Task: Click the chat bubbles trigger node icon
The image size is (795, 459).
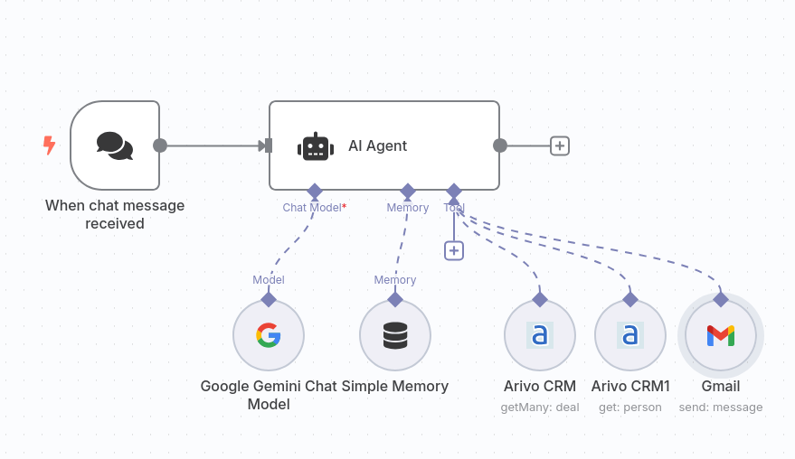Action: coord(115,145)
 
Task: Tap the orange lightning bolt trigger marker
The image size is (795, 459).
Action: coord(49,145)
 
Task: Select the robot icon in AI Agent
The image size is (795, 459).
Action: coord(314,146)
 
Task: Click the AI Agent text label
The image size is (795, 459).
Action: coord(377,145)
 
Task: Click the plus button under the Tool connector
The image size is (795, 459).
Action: coord(454,250)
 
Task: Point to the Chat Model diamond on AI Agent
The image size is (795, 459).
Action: coord(315,191)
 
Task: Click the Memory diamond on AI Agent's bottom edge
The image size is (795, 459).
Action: coord(408,191)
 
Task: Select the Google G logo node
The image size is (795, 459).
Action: coord(269,335)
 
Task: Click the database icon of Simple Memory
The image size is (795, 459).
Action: coord(395,335)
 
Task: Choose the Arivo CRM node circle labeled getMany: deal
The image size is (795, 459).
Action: coord(540,335)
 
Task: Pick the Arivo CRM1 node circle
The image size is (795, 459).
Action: coord(630,335)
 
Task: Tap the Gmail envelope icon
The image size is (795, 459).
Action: coord(721,335)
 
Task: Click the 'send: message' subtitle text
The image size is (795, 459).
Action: coord(721,407)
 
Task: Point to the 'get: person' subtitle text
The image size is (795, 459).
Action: coord(630,407)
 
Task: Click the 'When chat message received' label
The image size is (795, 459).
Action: coord(115,214)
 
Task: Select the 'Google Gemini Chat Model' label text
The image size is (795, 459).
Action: coord(269,395)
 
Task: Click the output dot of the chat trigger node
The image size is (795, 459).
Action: coord(160,145)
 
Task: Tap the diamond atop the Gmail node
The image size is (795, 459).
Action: coord(721,299)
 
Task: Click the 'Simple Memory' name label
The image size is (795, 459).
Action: coord(395,386)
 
